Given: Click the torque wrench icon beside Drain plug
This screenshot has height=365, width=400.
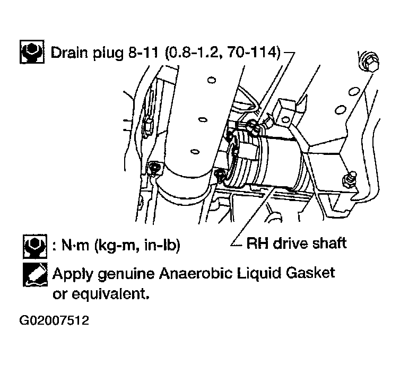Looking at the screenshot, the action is [32, 51].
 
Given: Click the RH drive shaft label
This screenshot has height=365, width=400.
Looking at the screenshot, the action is [297, 243].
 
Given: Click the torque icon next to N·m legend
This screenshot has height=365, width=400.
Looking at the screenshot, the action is [35, 246].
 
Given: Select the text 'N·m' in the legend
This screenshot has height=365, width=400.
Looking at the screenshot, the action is [76, 246].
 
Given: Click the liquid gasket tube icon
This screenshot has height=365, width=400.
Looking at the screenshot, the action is [35, 274].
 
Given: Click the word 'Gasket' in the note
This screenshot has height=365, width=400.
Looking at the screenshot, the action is [310, 273].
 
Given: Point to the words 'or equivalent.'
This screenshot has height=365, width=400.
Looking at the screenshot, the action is [100, 294].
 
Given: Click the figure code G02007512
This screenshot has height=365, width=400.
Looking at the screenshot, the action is [54, 320].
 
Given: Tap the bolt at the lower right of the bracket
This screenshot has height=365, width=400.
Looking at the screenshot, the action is [349, 179].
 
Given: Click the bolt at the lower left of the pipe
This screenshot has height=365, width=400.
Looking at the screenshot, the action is [153, 168].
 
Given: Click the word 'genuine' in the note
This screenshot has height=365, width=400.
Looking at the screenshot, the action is [126, 274].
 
